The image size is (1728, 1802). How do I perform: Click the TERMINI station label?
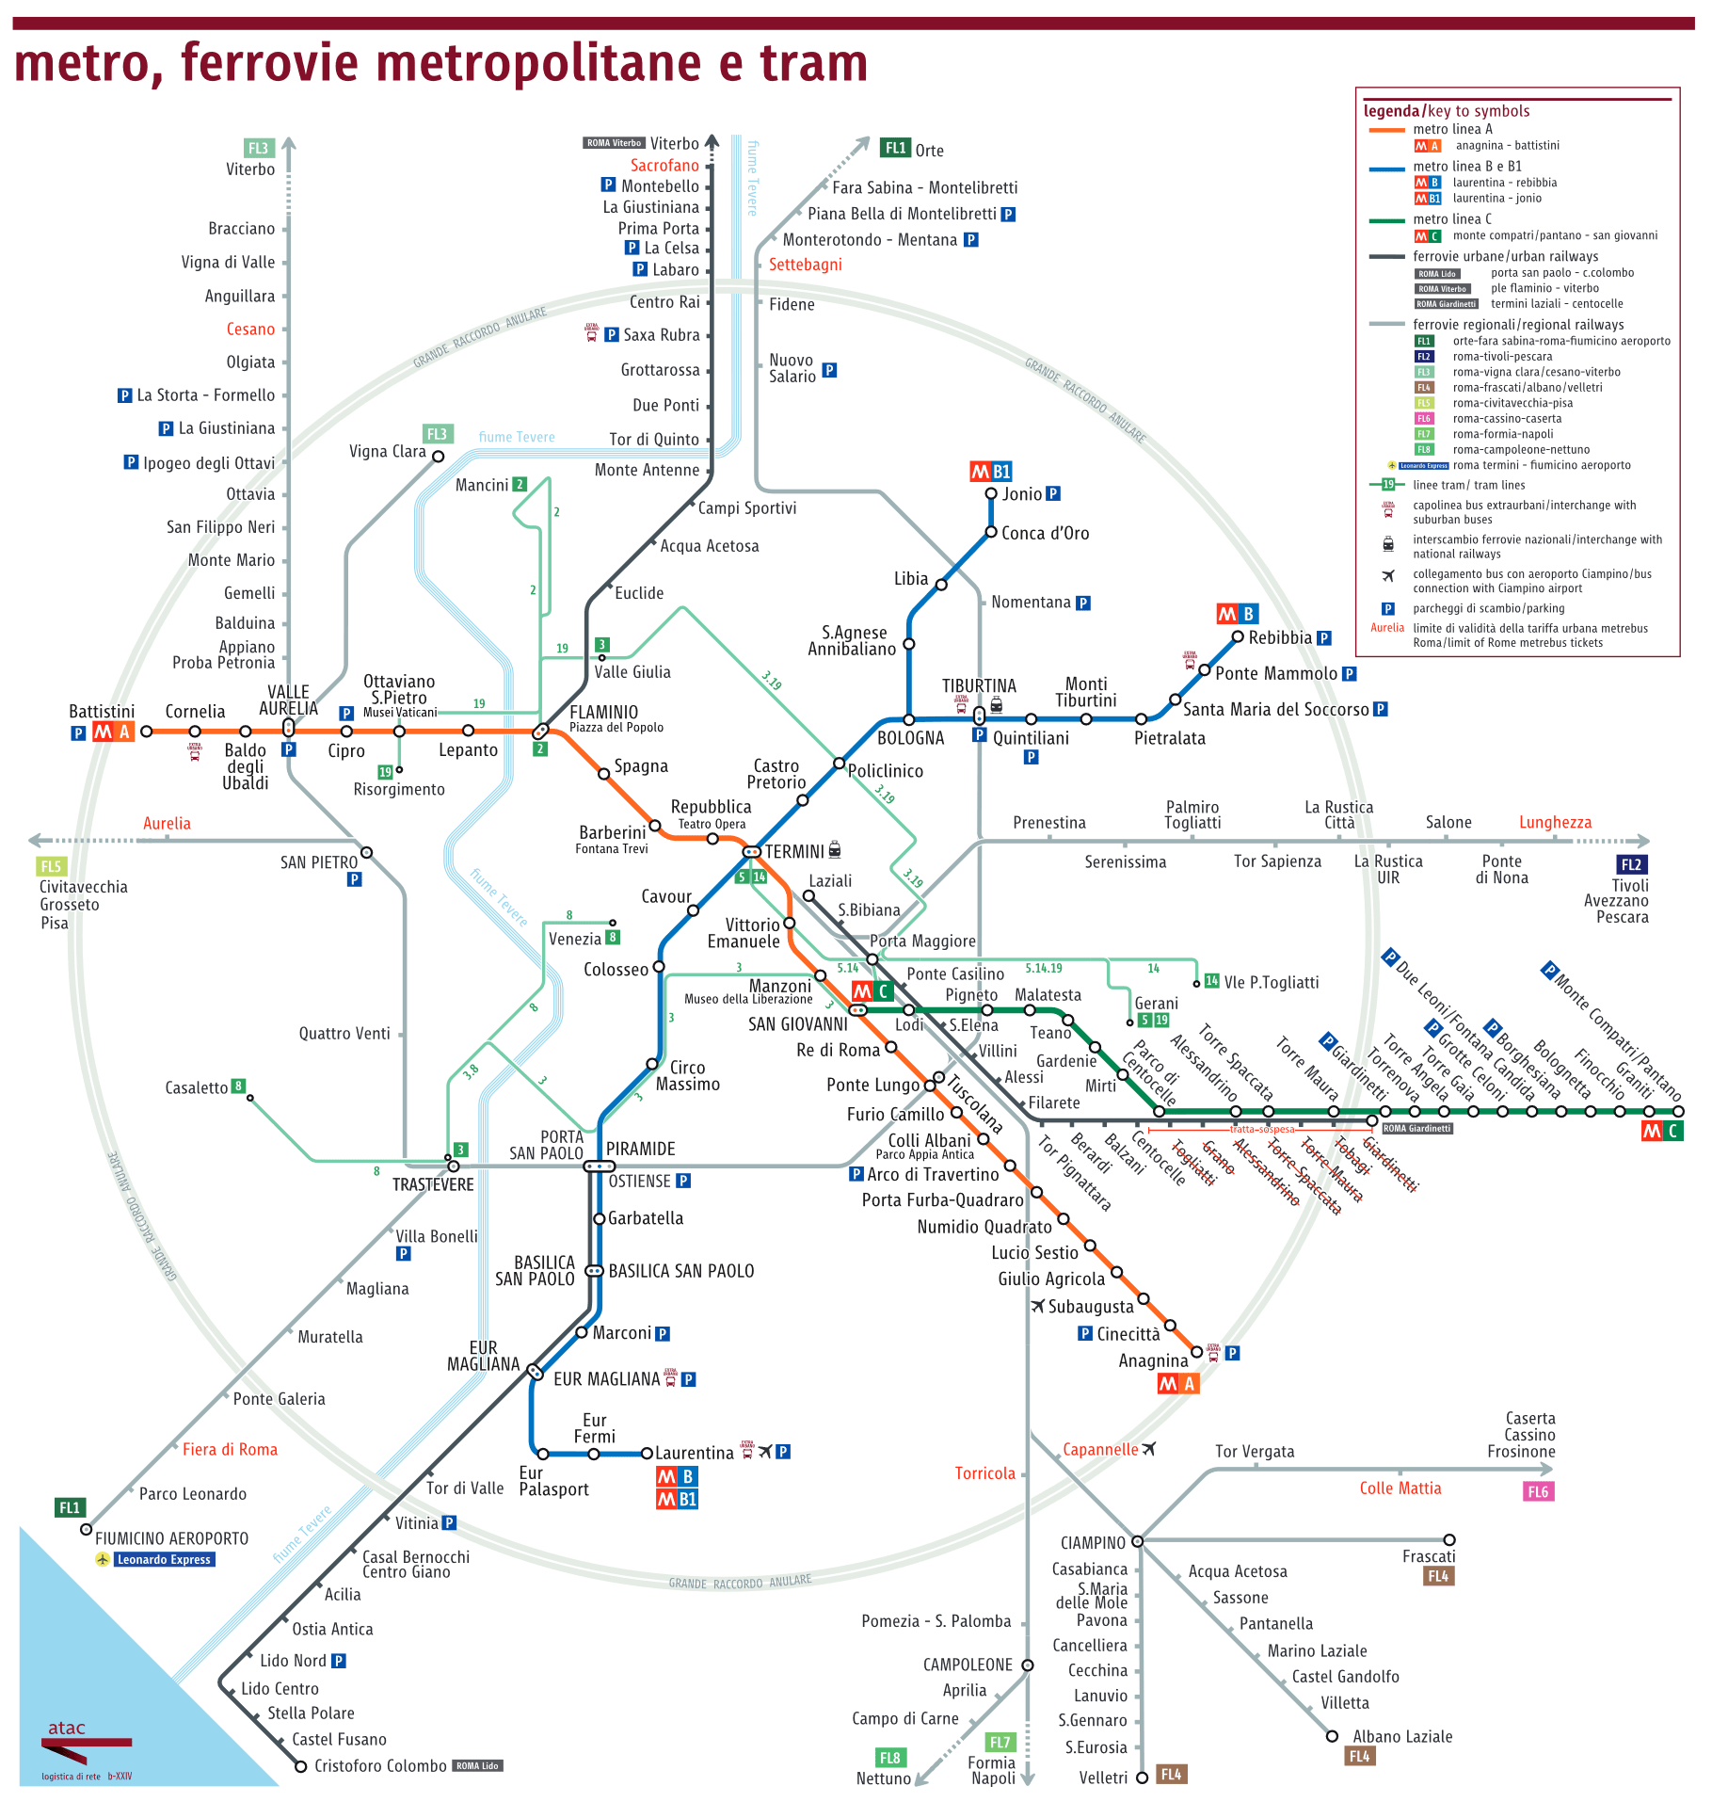click(793, 851)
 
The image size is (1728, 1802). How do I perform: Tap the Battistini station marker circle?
click(146, 731)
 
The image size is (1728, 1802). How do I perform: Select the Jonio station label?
click(1021, 494)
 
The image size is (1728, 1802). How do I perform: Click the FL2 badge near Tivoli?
click(1630, 864)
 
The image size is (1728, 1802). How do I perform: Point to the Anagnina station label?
click(1153, 1360)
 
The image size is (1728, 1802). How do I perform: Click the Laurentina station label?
click(694, 1453)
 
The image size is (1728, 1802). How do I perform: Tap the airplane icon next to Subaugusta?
click(1037, 1306)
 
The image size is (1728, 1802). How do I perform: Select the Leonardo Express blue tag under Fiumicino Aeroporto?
click(164, 1559)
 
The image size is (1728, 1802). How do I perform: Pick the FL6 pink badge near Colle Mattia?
click(1537, 1491)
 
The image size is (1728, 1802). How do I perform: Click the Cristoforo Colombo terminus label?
click(380, 1765)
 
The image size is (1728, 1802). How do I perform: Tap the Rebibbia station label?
click(1279, 637)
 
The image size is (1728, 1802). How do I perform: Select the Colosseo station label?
click(616, 970)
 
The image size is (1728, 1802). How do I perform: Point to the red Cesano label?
click(250, 329)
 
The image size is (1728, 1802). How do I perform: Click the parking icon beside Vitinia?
click(449, 1522)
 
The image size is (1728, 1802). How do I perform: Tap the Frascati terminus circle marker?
click(1449, 1540)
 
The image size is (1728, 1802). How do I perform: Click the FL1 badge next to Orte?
click(895, 148)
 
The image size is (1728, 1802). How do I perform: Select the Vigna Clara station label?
click(387, 451)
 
